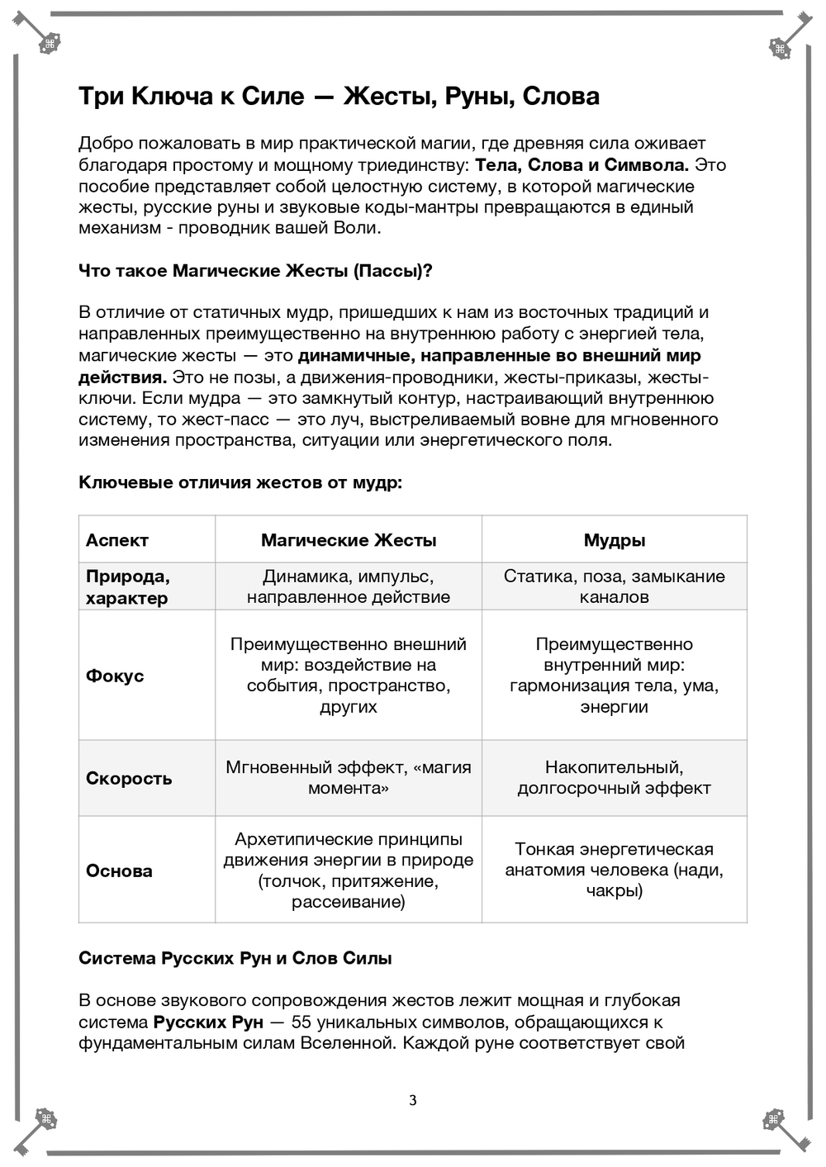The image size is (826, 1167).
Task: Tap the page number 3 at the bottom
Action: tap(413, 1100)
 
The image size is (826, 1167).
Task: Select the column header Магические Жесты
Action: tap(349, 540)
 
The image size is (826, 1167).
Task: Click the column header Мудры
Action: tap(615, 540)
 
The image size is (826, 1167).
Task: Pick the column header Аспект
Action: tap(117, 540)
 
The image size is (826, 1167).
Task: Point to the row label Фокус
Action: tap(115, 676)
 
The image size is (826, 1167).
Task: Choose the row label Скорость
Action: tap(129, 778)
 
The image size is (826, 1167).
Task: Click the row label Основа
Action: tap(119, 871)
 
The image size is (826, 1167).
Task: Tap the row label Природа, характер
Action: tap(127, 586)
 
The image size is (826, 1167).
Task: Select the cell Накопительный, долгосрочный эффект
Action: tap(615, 778)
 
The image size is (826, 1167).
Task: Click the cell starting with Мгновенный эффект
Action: tap(349, 778)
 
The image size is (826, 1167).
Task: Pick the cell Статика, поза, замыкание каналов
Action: tap(615, 586)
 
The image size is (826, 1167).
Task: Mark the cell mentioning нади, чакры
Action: tap(615, 870)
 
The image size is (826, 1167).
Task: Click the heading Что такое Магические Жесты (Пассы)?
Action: tap(255, 271)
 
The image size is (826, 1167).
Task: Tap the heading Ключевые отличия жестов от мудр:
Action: tap(240, 482)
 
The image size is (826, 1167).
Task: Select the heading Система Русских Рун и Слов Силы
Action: tap(235, 958)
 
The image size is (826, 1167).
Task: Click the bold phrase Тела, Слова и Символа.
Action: tap(582, 164)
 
